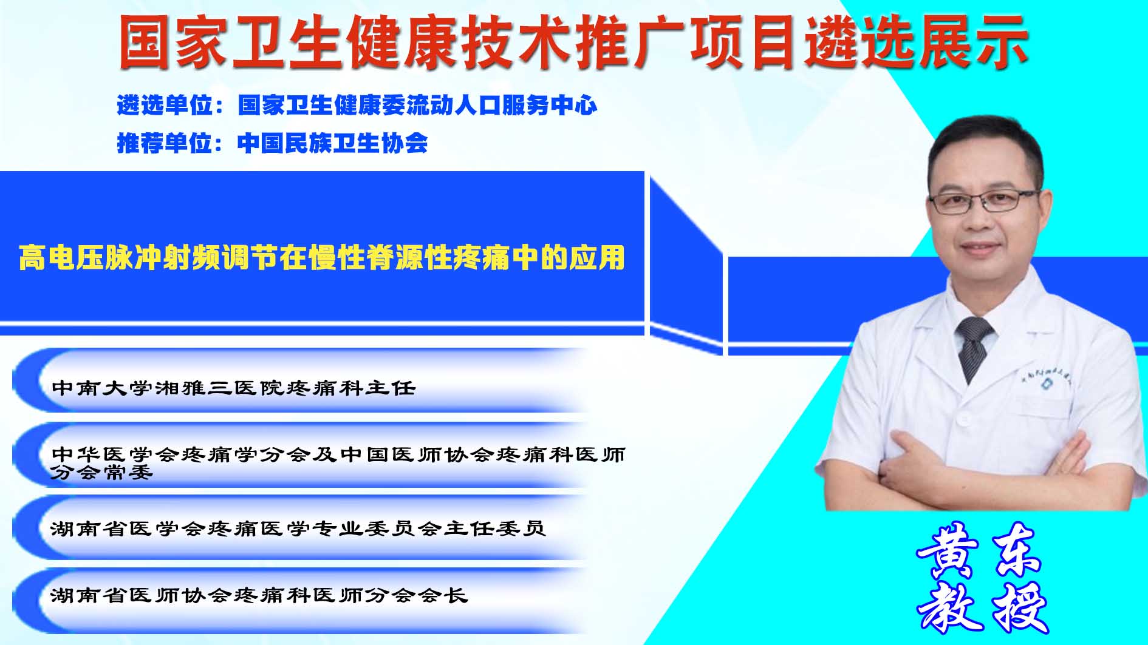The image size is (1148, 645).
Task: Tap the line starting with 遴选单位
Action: [x=357, y=106]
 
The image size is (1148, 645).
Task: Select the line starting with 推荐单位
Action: [x=272, y=143]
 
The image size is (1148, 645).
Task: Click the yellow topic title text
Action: [x=322, y=258]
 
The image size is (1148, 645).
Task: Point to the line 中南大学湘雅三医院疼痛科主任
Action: [x=234, y=388]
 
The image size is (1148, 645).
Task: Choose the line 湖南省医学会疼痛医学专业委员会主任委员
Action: [x=298, y=528]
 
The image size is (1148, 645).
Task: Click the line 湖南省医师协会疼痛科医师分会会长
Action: [x=259, y=595]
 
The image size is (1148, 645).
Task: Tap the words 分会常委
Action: [x=101, y=473]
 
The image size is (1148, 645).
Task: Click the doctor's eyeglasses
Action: [x=984, y=201]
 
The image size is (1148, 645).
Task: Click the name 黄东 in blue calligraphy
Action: [x=979, y=549]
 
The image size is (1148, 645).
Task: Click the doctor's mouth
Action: [x=984, y=249]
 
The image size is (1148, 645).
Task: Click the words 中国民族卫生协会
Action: [x=333, y=143]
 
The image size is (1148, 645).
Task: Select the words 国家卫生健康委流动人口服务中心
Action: [x=418, y=106]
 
